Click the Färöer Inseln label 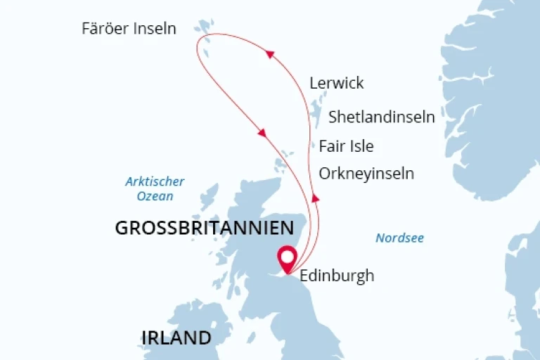(129, 29)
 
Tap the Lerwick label (337, 83)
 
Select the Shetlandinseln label (382, 117)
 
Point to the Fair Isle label (346, 146)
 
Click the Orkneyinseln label (366, 173)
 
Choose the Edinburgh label (337, 276)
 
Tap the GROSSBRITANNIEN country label (204, 228)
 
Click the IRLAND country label (176, 337)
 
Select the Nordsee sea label (399, 238)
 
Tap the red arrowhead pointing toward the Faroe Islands (269, 54)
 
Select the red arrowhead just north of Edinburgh (316, 198)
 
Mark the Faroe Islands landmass (205, 27)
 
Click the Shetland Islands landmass (316, 112)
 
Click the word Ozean (150, 196)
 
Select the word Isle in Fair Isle (359, 146)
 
